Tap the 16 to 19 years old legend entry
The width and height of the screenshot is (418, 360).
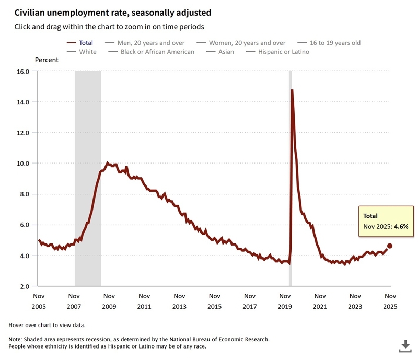tap(334, 43)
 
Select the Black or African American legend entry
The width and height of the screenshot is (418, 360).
tap(157, 52)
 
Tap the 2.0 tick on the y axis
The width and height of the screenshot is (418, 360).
tap(23, 286)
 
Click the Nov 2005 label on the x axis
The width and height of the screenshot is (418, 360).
tap(39, 301)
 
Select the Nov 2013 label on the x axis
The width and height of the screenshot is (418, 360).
tap(179, 301)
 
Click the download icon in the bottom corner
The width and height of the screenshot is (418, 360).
tap(405, 346)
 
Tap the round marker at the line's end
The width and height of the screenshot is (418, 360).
tap(390, 246)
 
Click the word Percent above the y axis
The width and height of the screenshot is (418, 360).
tap(47, 60)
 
